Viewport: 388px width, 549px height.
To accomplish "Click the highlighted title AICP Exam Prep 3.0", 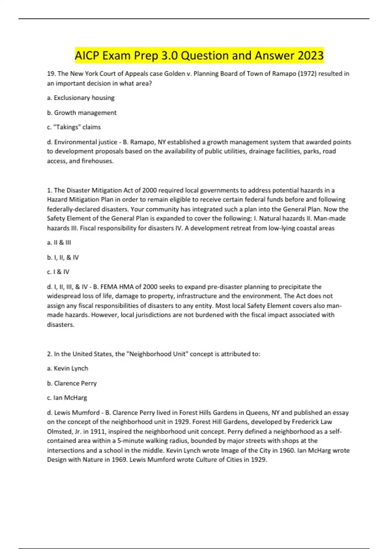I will tap(199, 56).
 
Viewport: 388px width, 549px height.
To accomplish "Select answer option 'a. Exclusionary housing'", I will tap(81, 98).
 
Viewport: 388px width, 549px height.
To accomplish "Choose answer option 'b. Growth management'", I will tap(82, 113).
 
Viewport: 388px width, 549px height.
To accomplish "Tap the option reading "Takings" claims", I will tap(74, 127).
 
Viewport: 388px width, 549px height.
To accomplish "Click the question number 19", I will tap(51, 74).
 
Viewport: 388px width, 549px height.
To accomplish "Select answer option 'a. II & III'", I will tap(59, 243).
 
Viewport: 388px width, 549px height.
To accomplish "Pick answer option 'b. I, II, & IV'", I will tap(63, 257).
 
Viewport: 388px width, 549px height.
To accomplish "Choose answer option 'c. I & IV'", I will tap(58, 272).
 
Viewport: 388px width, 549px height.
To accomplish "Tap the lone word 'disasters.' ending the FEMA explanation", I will tap(61, 325).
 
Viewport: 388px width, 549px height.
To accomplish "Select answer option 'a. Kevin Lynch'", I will tap(68, 368).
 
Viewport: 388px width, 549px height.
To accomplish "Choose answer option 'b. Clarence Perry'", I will tap(72, 383).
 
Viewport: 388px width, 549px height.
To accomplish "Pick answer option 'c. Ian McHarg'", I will tap(67, 398).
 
